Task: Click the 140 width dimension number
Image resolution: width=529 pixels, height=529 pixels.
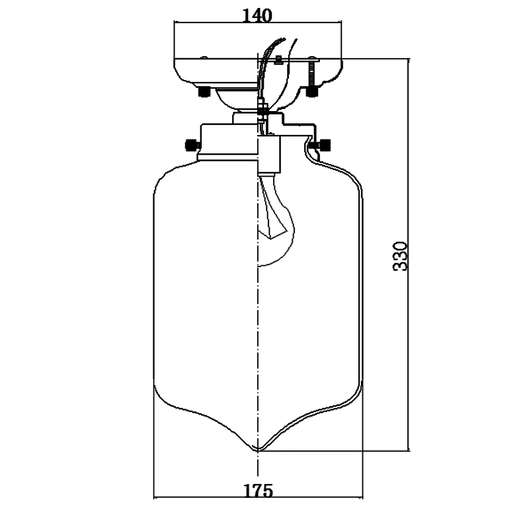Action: click(257, 15)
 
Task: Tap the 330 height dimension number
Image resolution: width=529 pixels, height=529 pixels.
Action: click(400, 256)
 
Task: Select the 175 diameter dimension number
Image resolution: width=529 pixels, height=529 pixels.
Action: click(258, 491)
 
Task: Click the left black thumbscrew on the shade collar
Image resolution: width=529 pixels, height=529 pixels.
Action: click(193, 145)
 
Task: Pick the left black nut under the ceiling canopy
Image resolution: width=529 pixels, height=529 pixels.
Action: click(204, 92)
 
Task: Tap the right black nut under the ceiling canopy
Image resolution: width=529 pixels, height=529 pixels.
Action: click(312, 92)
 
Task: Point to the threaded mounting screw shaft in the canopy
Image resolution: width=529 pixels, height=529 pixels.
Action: click(312, 74)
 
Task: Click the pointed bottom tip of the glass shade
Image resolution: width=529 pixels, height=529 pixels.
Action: click(258, 450)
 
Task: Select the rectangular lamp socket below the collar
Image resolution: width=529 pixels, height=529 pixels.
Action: click(269, 155)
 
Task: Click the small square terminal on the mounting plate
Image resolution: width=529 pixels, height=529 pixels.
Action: click(278, 60)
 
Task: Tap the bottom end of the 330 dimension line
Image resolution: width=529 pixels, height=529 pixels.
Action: click(409, 450)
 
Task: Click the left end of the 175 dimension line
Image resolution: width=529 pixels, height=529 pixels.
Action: click(154, 497)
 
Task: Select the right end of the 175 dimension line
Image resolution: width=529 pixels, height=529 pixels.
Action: click(362, 497)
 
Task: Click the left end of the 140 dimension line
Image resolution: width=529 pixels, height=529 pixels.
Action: click(174, 22)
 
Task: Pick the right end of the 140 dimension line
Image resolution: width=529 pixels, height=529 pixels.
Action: click(341, 22)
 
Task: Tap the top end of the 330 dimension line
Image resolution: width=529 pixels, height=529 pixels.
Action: click(409, 59)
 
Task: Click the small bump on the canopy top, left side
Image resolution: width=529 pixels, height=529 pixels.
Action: click(204, 58)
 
